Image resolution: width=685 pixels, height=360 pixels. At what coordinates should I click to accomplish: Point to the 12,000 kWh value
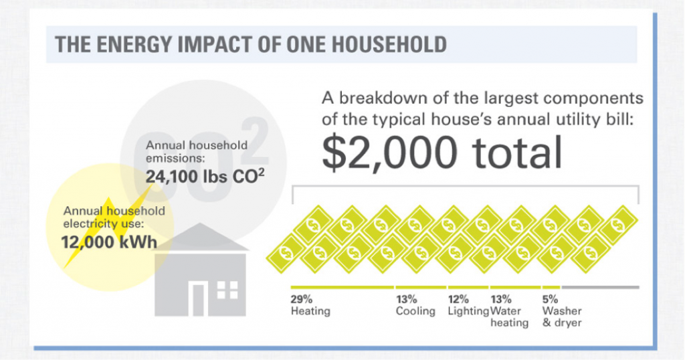pyautogui.click(x=108, y=242)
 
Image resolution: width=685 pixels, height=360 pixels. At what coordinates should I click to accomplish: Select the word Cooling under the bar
pyautogui.click(x=415, y=311)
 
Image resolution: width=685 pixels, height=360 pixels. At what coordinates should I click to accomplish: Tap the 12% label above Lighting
pyautogui.click(x=458, y=299)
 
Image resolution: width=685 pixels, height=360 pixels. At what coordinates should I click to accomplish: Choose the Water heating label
pyautogui.click(x=510, y=317)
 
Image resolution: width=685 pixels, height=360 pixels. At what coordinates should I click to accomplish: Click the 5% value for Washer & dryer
pyautogui.click(x=550, y=299)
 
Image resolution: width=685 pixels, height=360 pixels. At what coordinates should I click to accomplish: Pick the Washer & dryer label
pyautogui.click(x=562, y=317)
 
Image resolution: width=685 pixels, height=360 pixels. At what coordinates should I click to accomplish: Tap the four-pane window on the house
pyautogui.click(x=227, y=290)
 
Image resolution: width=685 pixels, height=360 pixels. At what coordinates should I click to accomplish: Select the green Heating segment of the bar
pyautogui.click(x=341, y=287)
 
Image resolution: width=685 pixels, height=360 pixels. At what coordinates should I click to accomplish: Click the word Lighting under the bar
pyautogui.click(x=468, y=311)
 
